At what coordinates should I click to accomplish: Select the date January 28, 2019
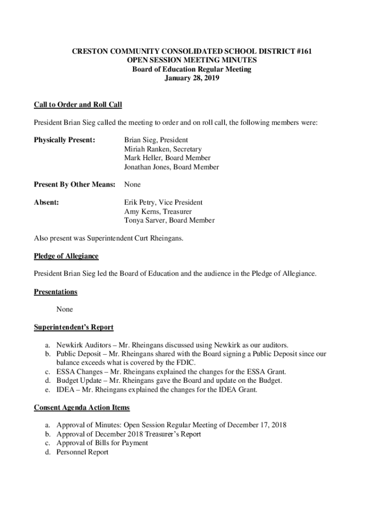(192, 78)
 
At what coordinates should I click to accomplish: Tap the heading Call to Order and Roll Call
(78, 105)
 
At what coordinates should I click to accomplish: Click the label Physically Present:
(64, 140)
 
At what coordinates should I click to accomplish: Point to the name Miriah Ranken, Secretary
(163, 149)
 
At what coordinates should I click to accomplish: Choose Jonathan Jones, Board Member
(171, 167)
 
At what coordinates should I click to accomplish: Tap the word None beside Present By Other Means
(132, 185)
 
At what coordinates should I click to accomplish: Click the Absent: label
(47, 203)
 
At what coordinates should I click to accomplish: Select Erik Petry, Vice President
(163, 203)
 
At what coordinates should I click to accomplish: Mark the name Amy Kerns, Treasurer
(158, 212)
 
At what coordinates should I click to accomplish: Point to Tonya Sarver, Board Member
(169, 221)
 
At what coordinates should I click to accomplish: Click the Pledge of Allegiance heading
(66, 256)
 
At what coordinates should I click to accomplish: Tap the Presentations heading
(55, 292)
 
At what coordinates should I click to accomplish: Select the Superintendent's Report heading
(73, 327)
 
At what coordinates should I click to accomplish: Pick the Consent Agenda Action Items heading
(82, 408)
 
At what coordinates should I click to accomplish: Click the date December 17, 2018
(257, 425)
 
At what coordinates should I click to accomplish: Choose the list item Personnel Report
(82, 452)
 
